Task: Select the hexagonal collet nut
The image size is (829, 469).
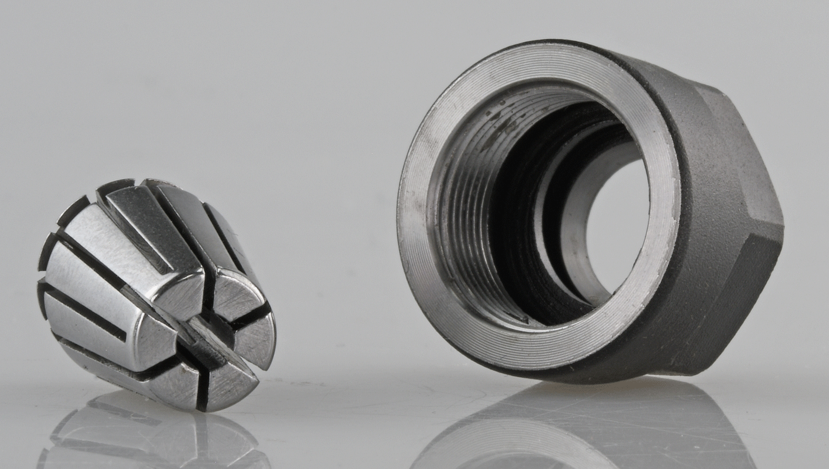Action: click(x=592, y=213)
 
